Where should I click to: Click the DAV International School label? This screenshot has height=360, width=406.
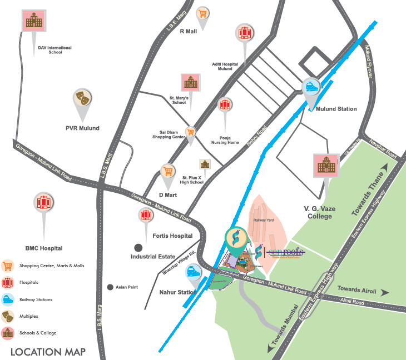[55, 51]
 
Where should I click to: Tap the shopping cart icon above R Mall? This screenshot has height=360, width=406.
[203, 14]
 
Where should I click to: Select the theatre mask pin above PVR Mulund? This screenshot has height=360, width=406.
[82, 98]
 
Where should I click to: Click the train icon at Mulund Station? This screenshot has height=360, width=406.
[311, 87]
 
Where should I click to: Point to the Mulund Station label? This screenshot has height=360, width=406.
[336, 109]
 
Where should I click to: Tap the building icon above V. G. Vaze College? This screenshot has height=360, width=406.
[326, 164]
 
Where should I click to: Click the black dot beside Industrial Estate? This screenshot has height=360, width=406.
[137, 247]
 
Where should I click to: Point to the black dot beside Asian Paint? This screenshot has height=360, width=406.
[110, 287]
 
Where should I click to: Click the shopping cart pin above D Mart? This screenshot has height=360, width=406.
[168, 171]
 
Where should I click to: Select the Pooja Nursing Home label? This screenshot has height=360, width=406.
[225, 140]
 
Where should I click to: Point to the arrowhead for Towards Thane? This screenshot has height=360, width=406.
[384, 165]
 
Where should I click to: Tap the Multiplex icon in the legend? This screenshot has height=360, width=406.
[8, 316]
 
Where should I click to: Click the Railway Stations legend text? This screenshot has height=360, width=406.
[36, 299]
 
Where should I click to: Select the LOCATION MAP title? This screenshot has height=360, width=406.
[48, 351]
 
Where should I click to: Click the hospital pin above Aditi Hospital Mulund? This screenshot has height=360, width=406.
[243, 32]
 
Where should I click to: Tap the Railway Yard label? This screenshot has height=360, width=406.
[264, 220]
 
